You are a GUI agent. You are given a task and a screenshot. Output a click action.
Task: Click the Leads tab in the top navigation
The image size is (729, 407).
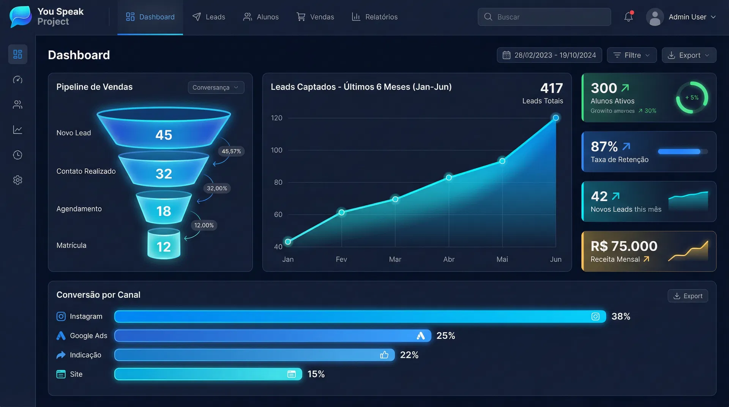click(209, 17)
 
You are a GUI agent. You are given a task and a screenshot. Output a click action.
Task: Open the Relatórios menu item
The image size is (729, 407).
click(375, 17)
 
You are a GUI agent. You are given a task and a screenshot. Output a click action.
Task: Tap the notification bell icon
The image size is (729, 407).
click(628, 17)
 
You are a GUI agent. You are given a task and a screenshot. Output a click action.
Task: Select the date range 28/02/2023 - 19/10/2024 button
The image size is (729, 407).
click(549, 55)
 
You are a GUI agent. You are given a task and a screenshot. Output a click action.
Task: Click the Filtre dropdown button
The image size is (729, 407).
click(631, 55)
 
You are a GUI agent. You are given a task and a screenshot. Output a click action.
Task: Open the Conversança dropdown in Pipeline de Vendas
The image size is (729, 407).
click(216, 88)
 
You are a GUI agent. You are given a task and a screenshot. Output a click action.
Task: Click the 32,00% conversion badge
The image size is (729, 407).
click(217, 188)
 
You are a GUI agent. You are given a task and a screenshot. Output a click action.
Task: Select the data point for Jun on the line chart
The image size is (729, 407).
click(555, 118)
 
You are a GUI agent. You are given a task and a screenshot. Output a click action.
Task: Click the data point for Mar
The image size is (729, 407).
click(395, 199)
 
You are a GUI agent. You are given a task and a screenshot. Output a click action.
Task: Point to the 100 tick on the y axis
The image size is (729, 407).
click(276, 150)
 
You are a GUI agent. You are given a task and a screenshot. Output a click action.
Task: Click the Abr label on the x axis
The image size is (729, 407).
click(449, 259)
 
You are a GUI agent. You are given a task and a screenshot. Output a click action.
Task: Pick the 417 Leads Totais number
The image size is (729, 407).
click(551, 88)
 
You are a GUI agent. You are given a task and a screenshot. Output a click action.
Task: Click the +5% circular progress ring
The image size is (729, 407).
click(692, 98)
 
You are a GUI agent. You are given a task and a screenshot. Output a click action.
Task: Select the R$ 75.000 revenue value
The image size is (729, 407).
click(624, 246)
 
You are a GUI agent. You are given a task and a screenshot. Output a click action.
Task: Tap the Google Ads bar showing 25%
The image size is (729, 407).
click(273, 336)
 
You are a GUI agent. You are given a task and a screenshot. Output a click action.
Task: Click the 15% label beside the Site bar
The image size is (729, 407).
click(316, 374)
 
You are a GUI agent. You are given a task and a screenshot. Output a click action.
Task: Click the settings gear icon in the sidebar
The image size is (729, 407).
click(18, 180)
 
